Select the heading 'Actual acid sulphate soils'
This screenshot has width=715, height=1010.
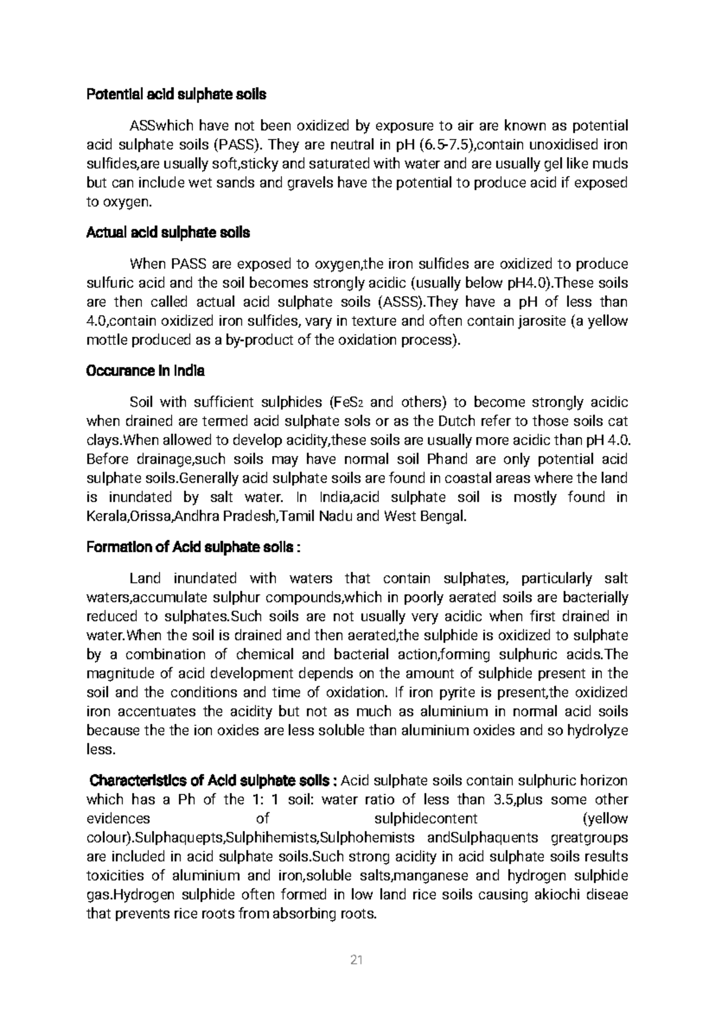168,233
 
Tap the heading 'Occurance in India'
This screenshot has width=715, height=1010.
145,371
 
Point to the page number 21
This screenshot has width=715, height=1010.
357,960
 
